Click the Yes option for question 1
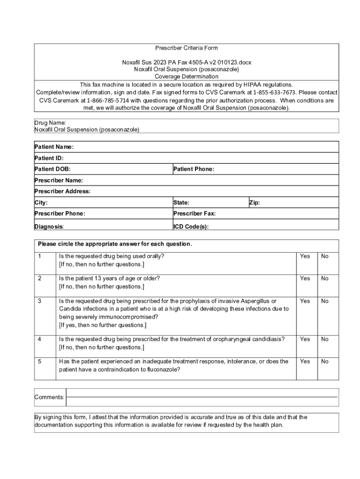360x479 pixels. point(305,256)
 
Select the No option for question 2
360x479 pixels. point(325,278)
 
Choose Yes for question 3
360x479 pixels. point(305,301)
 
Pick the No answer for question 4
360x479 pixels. point(325,339)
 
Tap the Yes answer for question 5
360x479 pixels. point(305,362)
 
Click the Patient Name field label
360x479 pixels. point(54,147)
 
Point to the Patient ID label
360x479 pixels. point(49,158)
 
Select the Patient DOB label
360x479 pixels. point(52,169)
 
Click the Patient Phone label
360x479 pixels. point(194,169)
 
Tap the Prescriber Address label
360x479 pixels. point(63,191)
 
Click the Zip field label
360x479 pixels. point(254,203)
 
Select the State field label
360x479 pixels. point(181,203)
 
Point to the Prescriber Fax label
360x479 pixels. point(194,213)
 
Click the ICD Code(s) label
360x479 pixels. point(191,227)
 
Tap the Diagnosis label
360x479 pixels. point(50,227)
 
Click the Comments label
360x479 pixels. point(50,397)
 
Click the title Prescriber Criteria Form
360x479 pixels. point(186,48)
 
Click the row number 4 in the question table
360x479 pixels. point(40,339)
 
